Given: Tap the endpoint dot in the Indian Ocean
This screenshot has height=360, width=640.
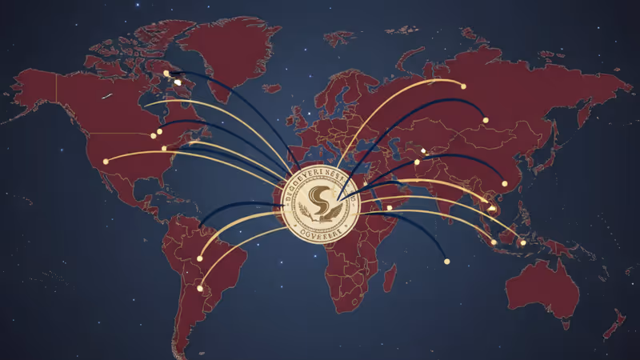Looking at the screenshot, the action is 446,260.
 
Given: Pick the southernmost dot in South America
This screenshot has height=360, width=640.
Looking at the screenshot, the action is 199,288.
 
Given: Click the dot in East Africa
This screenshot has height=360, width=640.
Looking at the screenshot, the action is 390,207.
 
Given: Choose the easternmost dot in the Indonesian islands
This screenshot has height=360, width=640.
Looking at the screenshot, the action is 523,242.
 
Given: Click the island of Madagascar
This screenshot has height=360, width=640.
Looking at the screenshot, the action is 390,278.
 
